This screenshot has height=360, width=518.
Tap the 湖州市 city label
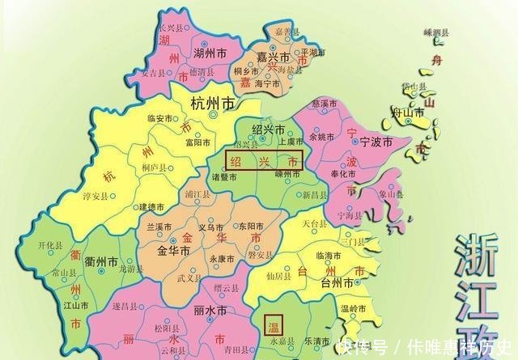point(194,55)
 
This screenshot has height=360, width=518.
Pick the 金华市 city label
point(172,251)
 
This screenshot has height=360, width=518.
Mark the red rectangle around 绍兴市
point(264,160)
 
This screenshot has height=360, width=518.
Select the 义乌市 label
point(210,227)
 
